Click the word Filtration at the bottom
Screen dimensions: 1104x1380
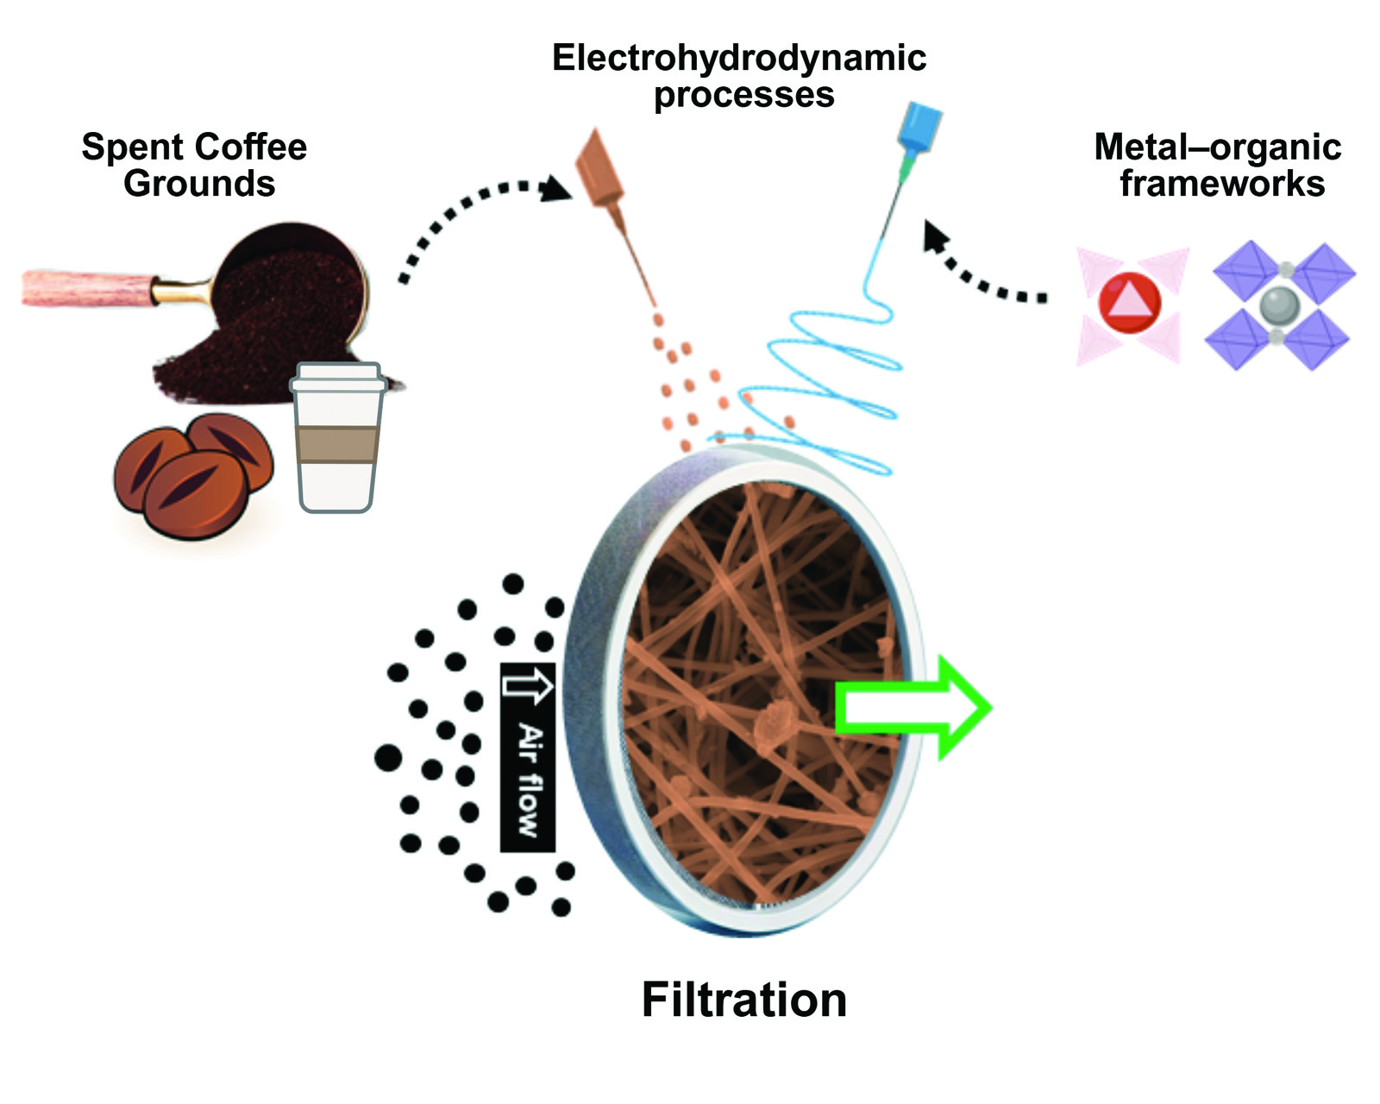(x=743, y=1000)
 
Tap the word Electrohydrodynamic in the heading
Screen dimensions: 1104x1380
(x=738, y=58)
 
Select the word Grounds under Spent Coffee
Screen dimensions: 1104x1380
(x=199, y=184)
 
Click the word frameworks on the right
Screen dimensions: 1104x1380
(x=1221, y=184)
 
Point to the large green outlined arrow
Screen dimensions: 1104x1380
(x=914, y=708)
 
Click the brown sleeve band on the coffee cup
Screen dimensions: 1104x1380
(x=336, y=444)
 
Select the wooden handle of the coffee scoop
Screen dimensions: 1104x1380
(x=86, y=287)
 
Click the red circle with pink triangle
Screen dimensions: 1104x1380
(x=1129, y=303)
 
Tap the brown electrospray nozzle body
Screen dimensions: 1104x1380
(x=601, y=171)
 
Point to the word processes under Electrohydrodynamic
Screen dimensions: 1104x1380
(x=743, y=95)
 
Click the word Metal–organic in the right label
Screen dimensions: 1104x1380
(x=1217, y=147)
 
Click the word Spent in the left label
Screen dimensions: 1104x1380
(x=124, y=147)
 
